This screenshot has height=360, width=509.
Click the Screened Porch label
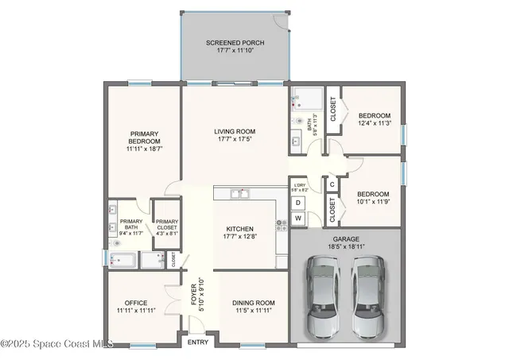coord(235,42)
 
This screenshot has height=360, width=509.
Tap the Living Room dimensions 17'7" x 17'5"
coord(234,140)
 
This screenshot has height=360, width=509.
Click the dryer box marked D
coord(299,202)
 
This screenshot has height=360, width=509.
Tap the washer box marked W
coord(299,218)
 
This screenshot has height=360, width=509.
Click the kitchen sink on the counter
coord(239,193)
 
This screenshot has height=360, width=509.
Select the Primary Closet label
coord(167,228)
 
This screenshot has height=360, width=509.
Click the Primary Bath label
coord(131,228)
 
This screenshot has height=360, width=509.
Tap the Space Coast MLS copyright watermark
coord(56,344)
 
